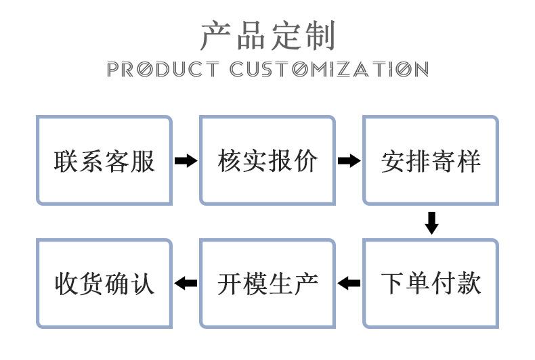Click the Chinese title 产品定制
coord(267,35)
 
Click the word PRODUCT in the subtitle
coord(163,69)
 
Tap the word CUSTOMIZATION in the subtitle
coord(329,69)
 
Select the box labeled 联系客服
coord(104,160)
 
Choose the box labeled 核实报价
coord(267,160)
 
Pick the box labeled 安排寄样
coord(431,160)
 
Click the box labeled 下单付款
coord(431,283)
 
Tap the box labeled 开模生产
coord(267,283)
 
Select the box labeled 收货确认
coord(104,283)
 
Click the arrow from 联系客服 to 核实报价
coord(186,161)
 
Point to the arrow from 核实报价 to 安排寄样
coord(349,161)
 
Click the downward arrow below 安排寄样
coord(431,223)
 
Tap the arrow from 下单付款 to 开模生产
coord(349,283)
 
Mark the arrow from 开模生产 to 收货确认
coord(186,283)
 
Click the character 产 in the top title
coord(215,35)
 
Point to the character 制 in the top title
coord(320,35)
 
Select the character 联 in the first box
coord(66,161)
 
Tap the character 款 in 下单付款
coord(469,283)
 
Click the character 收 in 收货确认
coord(66,283)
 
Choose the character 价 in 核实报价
coord(305,161)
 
